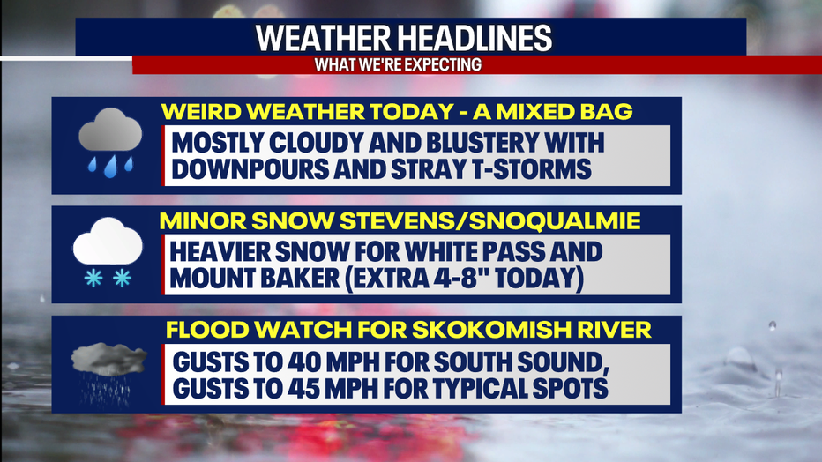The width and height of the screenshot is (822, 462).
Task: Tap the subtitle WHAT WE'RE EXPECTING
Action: tap(399, 64)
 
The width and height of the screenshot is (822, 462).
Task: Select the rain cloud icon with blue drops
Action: tap(108, 144)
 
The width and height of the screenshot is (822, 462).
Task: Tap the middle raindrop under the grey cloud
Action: tap(110, 168)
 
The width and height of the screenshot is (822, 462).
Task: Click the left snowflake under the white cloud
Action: tap(92, 279)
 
